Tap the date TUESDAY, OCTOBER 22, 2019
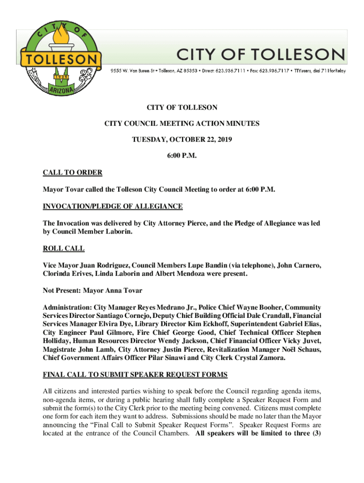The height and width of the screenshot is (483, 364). coord(182,140)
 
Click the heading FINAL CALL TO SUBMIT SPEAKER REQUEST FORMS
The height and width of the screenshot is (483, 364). coord(135,375)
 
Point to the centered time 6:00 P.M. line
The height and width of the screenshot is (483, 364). coord(182,156)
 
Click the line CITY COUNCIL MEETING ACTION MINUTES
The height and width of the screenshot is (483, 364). coord(182,124)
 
